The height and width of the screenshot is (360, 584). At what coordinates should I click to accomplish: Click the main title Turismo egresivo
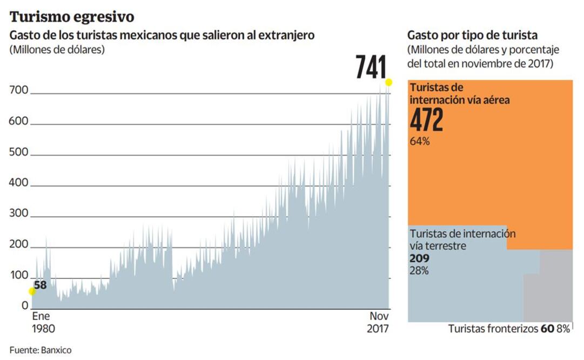pyautogui.click(x=71, y=16)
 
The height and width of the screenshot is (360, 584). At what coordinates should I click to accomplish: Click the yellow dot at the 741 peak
pyautogui.click(x=388, y=82)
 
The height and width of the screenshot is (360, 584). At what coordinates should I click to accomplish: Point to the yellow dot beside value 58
pyautogui.click(x=32, y=291)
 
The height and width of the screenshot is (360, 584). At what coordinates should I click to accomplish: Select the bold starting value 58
pyautogui.click(x=40, y=285)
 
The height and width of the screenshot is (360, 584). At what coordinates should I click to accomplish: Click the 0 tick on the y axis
pyautogui.click(x=25, y=306)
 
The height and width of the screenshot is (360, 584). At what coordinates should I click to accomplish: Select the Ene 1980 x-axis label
pyautogui.click(x=43, y=322)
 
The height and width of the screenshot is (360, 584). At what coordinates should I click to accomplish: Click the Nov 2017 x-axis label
pyautogui.click(x=379, y=322)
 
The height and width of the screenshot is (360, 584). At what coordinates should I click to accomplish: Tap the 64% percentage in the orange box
pyautogui.click(x=420, y=142)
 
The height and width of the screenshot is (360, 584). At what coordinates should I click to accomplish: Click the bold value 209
pyautogui.click(x=420, y=258)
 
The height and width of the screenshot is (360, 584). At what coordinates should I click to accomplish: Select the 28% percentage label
pyautogui.click(x=419, y=271)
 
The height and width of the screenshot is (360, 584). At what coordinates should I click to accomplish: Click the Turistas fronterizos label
pyautogui.click(x=493, y=328)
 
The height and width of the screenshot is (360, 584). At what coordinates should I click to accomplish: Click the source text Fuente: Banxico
pyautogui.click(x=40, y=350)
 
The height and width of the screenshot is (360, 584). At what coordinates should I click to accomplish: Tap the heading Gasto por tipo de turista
pyautogui.click(x=472, y=36)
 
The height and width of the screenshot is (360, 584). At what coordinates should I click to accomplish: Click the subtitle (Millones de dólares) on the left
pyautogui.click(x=57, y=50)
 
